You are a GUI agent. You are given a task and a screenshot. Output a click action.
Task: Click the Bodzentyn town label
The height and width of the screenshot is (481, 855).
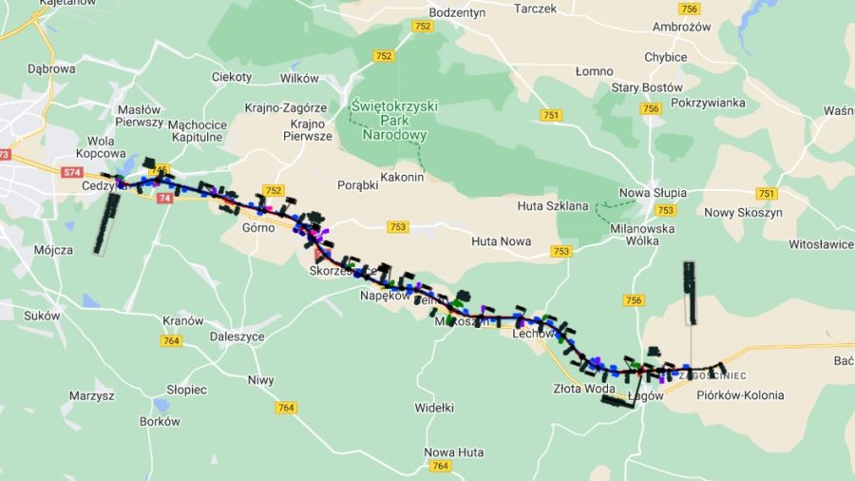coord(457,12)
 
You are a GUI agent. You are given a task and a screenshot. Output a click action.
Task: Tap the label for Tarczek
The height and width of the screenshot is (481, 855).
coord(535,9)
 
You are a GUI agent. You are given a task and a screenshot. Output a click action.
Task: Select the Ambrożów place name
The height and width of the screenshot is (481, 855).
coord(682,28)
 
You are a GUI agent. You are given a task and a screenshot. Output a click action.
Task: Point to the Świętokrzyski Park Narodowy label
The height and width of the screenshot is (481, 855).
coord(394,121)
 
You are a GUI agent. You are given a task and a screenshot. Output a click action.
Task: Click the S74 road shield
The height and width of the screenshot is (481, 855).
coord(71,172)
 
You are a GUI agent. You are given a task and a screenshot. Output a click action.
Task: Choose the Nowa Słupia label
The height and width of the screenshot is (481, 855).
coord(653,193)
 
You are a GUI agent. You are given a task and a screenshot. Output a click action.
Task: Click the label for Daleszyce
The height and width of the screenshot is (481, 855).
coord(224,337)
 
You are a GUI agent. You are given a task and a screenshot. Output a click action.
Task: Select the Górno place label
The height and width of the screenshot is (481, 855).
coord(258,228)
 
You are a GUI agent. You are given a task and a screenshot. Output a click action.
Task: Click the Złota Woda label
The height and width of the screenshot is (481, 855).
coord(578,388)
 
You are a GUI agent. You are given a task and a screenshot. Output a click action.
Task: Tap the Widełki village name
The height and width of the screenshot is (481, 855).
coord(434,407)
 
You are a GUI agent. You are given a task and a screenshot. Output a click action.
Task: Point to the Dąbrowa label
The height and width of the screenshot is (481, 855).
coord(51,68)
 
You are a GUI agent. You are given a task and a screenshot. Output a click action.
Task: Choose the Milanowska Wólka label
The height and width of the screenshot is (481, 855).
coord(643,236)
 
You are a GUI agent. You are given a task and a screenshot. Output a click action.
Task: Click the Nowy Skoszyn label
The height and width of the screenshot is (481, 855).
coord(743,213)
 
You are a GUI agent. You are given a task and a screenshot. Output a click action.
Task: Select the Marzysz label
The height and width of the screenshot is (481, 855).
coord(91,394)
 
